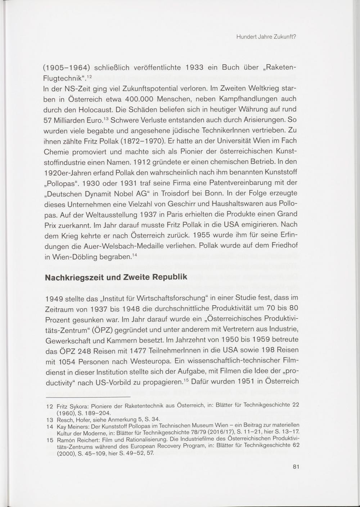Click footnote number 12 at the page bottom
click(50, 405)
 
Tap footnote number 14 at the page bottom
click(50, 426)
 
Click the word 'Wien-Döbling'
click(73, 257)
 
